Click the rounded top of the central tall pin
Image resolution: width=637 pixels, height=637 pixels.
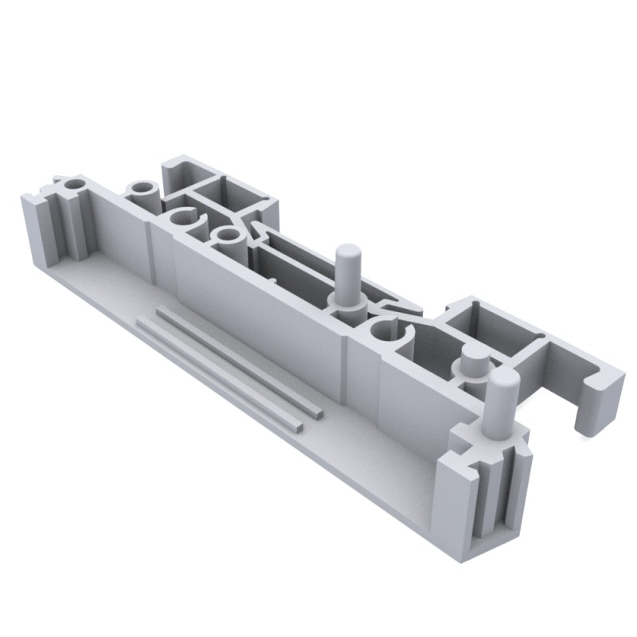tap(347, 253)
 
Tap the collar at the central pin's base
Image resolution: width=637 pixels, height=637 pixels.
tap(347, 302)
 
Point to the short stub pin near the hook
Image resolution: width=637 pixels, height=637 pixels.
tap(471, 365)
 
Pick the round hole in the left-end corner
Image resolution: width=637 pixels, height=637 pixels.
tap(74, 186)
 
